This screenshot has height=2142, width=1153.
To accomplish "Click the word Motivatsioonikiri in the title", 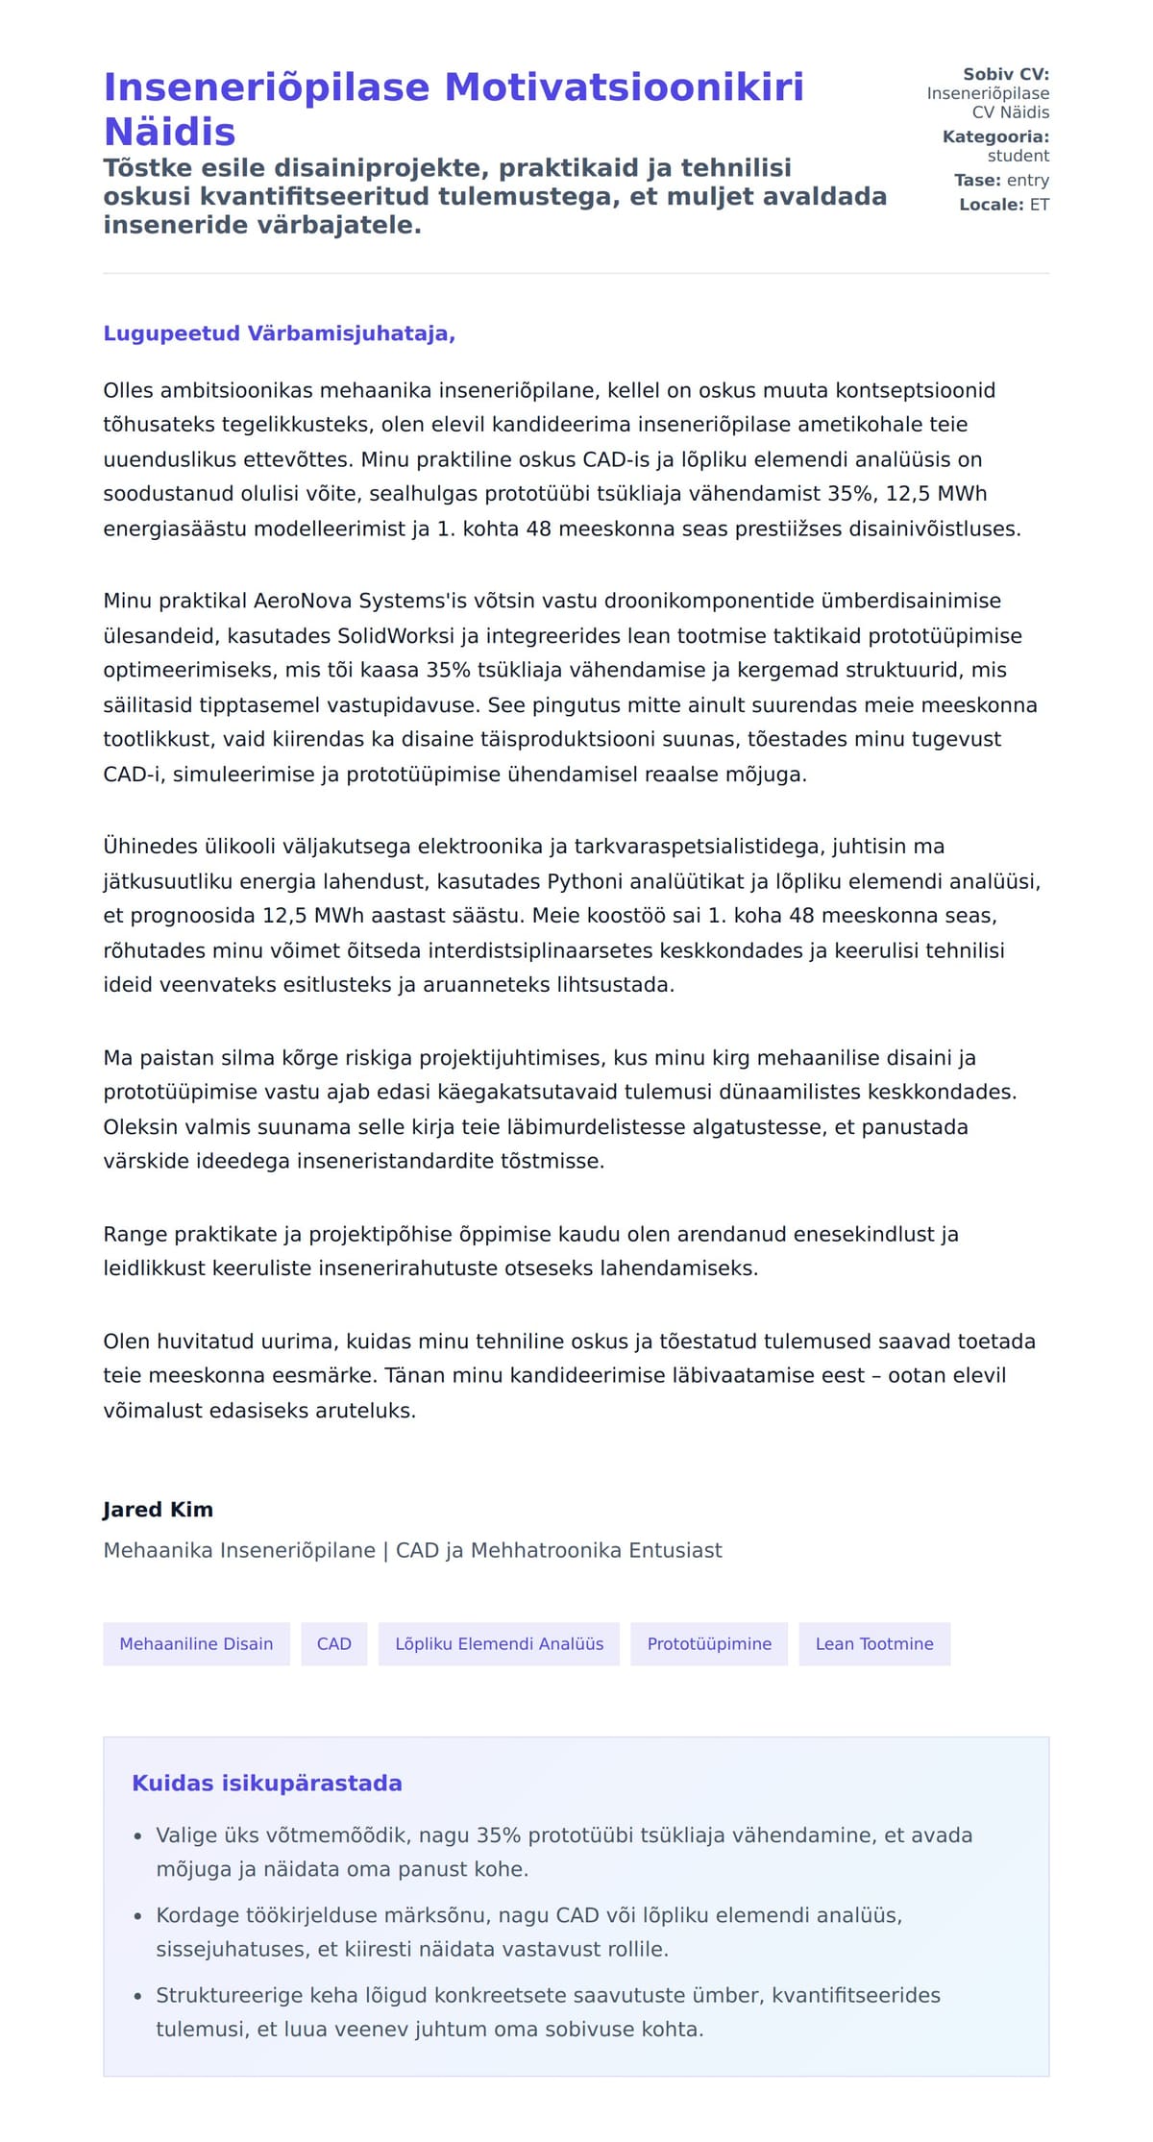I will tap(625, 87).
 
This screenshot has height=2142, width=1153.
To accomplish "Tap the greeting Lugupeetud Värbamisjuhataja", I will tap(279, 333).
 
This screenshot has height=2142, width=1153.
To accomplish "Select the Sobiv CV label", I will tap(1005, 74).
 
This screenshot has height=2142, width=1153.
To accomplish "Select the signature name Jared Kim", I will tap(158, 1510).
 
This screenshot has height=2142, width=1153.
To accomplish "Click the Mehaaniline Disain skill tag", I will tap(196, 1644).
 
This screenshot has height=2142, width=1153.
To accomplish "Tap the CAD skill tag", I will tap(333, 1644).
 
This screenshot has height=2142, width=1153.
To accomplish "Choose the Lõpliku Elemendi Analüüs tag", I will tap(499, 1644).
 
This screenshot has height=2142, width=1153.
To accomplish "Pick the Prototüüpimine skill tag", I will tap(709, 1644).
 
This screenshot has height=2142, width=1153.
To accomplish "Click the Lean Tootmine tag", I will tap(873, 1644).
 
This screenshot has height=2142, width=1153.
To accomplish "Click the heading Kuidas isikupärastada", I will tap(266, 1784).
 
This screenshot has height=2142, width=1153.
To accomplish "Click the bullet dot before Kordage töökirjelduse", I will tap(138, 1916).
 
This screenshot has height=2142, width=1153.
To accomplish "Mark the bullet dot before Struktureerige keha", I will tap(138, 1996).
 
